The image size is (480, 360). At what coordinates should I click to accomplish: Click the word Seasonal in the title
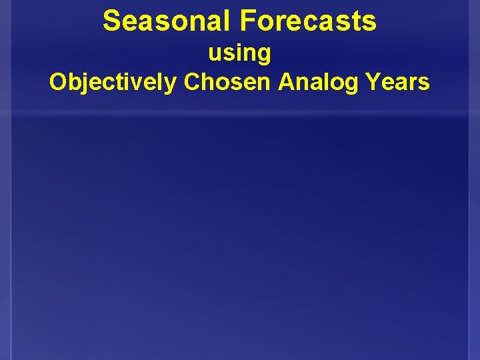click(167, 21)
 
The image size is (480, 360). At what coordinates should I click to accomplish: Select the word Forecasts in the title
click(308, 21)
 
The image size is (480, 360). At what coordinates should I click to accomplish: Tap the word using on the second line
click(239, 53)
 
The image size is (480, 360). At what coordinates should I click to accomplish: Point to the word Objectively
click(113, 82)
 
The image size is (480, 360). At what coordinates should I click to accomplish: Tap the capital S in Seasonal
click(112, 21)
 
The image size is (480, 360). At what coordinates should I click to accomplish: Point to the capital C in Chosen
click(192, 82)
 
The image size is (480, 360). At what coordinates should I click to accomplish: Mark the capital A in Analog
click(286, 82)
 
